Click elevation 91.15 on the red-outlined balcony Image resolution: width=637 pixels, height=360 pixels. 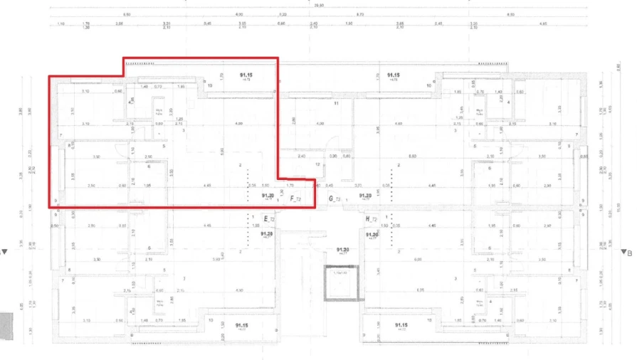click(x=247, y=75)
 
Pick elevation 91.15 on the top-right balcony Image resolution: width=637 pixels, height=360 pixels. click(x=394, y=75)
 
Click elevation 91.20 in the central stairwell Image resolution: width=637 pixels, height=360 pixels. click(x=342, y=250)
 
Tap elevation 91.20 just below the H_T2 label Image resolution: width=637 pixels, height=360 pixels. click(x=372, y=234)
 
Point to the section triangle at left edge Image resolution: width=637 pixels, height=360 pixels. click(x=6, y=251)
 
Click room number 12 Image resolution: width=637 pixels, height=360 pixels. click(x=317, y=164)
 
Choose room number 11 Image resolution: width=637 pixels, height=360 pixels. click(x=335, y=104)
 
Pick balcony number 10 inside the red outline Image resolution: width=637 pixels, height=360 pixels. click(x=209, y=85)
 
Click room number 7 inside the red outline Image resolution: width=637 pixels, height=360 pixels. click(x=61, y=135)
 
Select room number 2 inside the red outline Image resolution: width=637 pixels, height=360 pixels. click(x=241, y=165)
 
